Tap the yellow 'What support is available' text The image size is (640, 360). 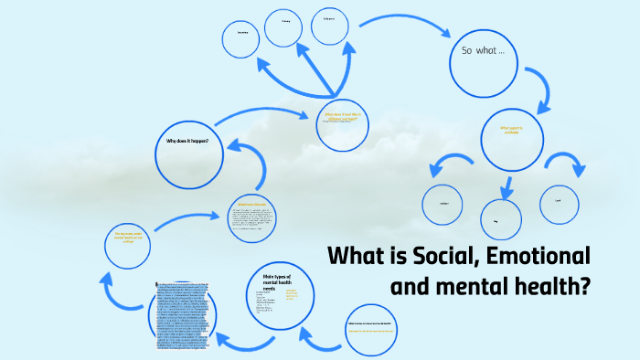pyautogui.click(x=513, y=131)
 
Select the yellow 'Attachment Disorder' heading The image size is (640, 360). pyautogui.click(x=252, y=204)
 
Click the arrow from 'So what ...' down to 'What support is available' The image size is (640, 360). pyautogui.click(x=541, y=90)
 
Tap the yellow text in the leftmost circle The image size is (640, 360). pyautogui.click(x=124, y=238)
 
